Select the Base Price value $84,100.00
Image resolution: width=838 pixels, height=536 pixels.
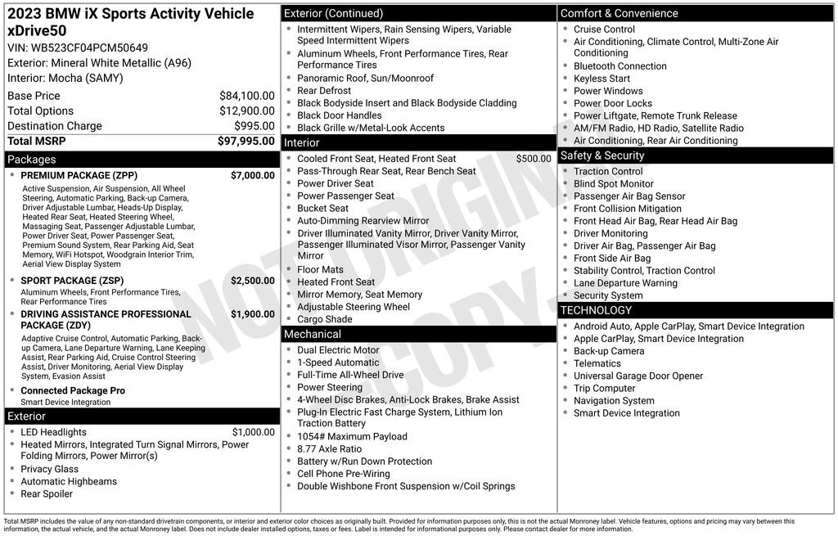[246, 96]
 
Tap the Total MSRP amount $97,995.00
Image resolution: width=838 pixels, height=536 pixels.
[246, 142]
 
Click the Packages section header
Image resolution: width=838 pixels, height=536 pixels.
[32, 160]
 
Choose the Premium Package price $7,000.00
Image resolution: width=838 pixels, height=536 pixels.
[252, 176]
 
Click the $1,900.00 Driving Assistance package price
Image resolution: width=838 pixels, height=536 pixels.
[252, 314]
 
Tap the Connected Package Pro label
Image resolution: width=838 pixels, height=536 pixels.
[73, 391]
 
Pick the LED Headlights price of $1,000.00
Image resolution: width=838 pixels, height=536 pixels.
[253, 433]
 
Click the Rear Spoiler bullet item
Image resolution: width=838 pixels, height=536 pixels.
[47, 494]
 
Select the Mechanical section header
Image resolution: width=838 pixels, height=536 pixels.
[312, 335]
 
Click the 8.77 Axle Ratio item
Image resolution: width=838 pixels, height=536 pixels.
[329, 449]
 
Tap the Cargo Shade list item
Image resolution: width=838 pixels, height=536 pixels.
[324, 319]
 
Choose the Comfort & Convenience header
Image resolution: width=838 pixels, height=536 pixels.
[619, 13]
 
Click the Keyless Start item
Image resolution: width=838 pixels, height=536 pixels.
[601, 79]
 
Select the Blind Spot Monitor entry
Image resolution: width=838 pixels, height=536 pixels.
[614, 184]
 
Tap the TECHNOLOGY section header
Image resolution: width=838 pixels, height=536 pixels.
[596, 310]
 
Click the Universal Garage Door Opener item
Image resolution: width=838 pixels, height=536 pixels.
[638, 376]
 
